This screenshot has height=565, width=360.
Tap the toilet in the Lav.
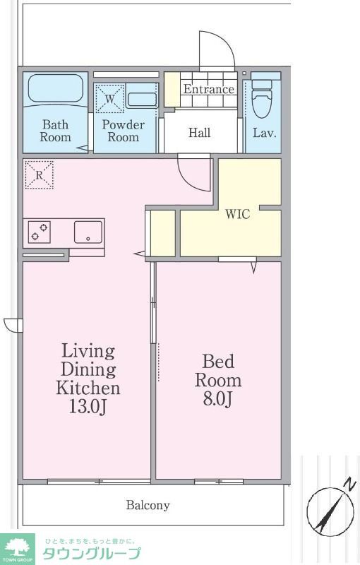pos(262,97)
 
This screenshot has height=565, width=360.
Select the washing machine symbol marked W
pos(110,98)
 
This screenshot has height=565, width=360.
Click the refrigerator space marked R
pos(39,175)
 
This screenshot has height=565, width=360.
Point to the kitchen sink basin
pos(88,232)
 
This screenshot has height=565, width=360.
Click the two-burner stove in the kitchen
pos(40,232)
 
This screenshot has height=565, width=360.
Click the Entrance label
pos(209,89)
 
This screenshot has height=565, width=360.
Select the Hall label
pos(200,133)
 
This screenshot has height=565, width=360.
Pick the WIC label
pos(238,214)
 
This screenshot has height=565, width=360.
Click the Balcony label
pos(148,505)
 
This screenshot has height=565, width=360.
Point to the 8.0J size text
pos(217,400)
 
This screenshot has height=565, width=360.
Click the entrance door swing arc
pos(227,43)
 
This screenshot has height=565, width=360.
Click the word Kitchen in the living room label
pos(88,388)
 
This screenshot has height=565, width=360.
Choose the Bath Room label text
pos(56,131)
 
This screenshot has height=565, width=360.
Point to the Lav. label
pos(264,133)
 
